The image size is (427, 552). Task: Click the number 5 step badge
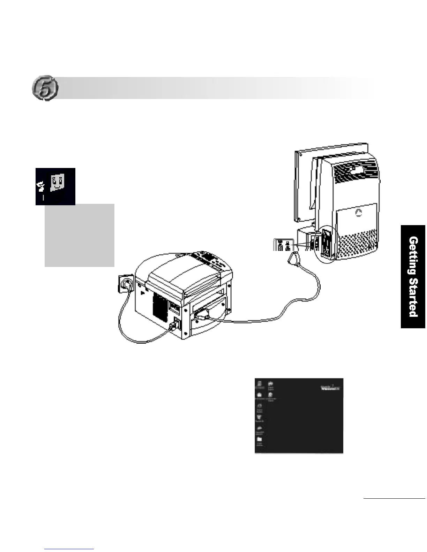45,88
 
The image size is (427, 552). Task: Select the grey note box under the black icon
80,235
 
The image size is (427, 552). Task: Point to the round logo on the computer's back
359,212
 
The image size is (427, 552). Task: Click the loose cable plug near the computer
292,259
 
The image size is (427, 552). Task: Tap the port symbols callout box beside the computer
283,245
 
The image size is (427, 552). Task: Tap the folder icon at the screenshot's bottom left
260,440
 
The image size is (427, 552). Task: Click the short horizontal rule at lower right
394,499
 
